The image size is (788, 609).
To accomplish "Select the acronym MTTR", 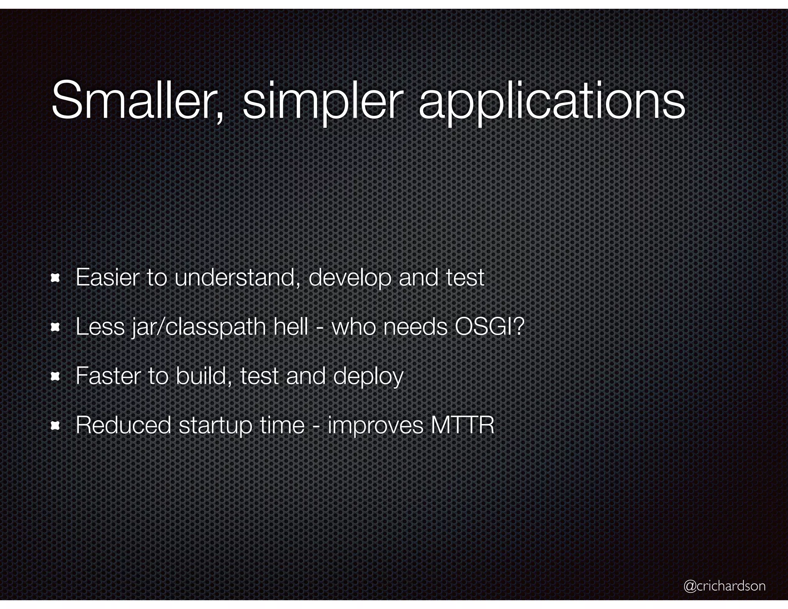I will coord(462,425).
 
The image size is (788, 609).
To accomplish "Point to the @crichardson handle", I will coord(725,586).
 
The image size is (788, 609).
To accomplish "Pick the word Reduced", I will coord(123,425).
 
